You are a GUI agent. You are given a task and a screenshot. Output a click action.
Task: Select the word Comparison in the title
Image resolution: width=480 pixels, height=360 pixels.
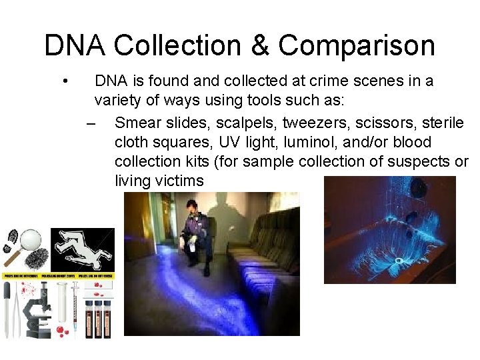click(357, 45)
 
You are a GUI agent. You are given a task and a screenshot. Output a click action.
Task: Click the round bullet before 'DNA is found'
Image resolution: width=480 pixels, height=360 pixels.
click(65, 81)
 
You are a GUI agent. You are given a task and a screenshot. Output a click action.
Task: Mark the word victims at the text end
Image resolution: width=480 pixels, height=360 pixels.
click(178, 181)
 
